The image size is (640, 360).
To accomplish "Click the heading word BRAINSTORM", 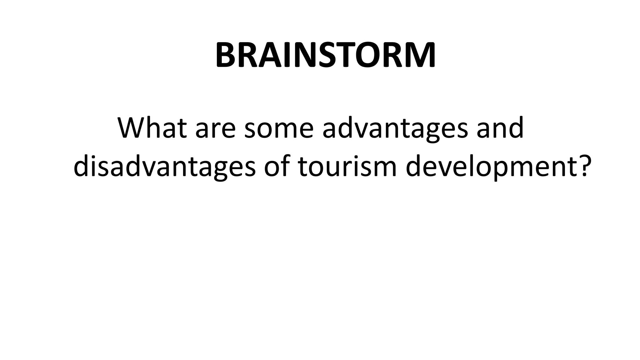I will point(325,56).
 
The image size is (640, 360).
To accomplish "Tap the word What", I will point(152,128).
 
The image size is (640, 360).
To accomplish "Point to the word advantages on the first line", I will point(395,129).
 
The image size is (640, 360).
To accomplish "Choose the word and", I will point(500,128).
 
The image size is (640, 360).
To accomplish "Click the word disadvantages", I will point(164,166).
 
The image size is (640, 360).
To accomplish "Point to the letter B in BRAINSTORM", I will point(226,56).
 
